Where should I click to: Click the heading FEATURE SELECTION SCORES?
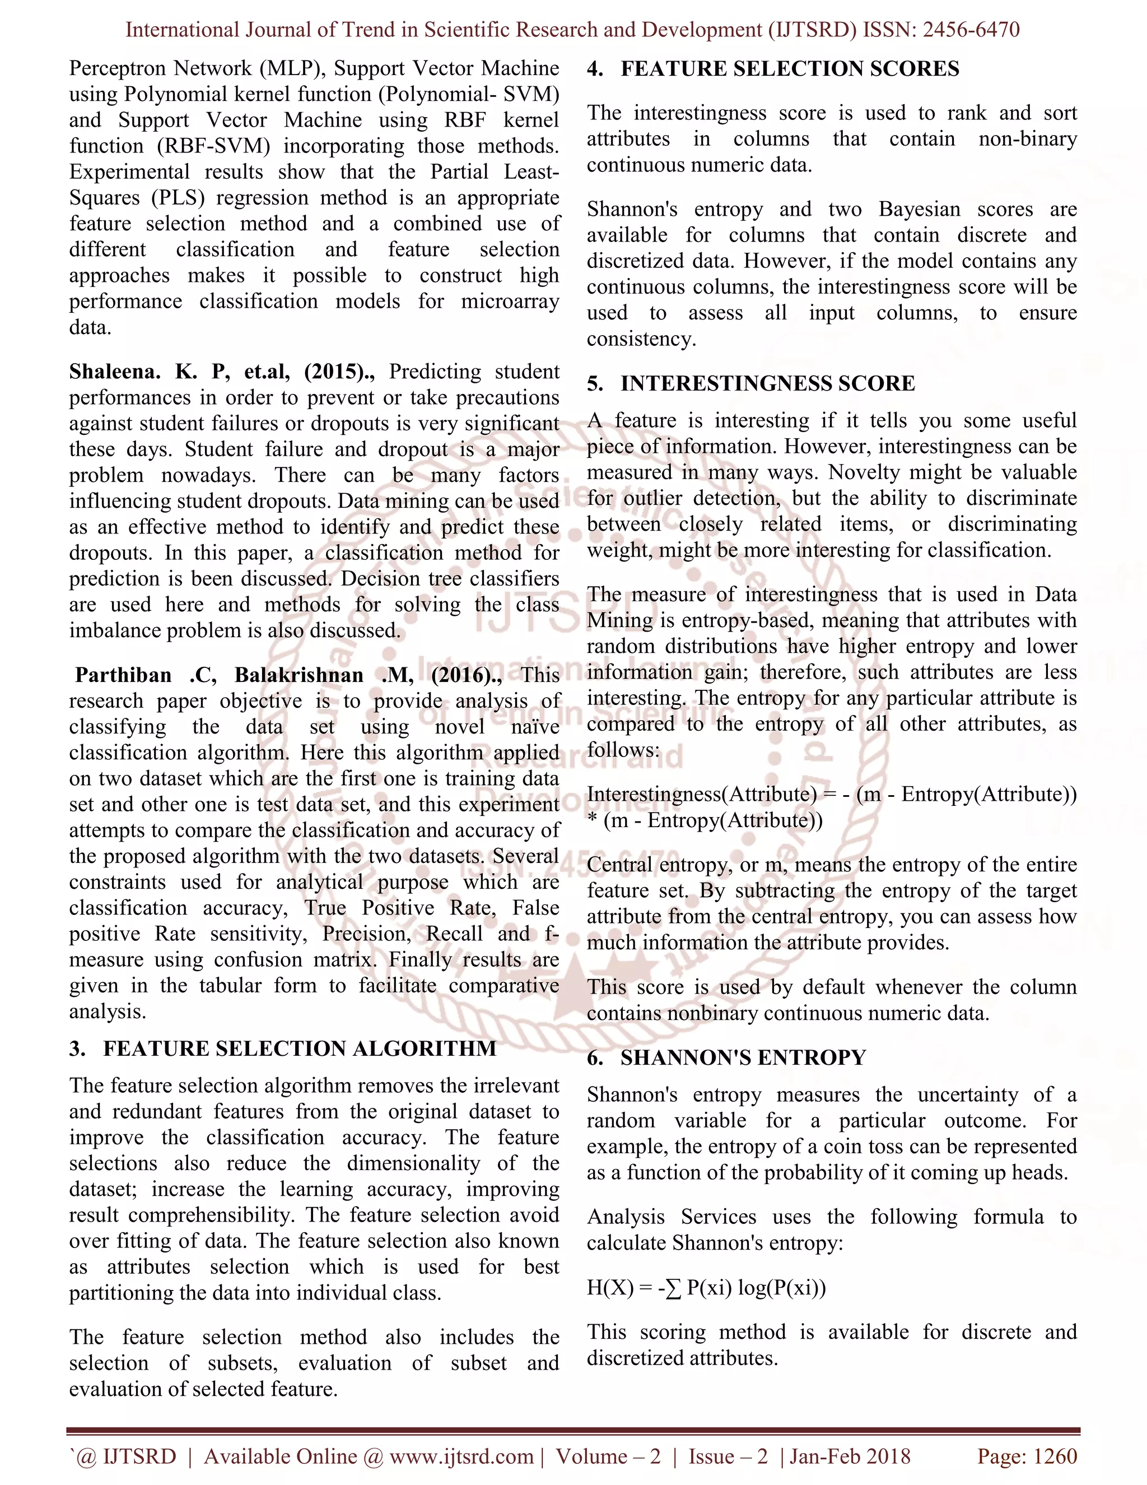[x=789, y=69]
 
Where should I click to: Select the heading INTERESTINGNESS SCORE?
[x=767, y=383]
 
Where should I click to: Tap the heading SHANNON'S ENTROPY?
[x=743, y=1057]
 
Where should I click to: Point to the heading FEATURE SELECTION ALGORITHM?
[x=299, y=1048]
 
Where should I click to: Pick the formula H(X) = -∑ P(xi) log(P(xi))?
[x=706, y=1287]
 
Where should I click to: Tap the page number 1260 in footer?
[x=1055, y=1456]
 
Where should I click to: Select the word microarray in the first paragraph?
[x=510, y=301]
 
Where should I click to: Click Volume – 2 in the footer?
[x=608, y=1456]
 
